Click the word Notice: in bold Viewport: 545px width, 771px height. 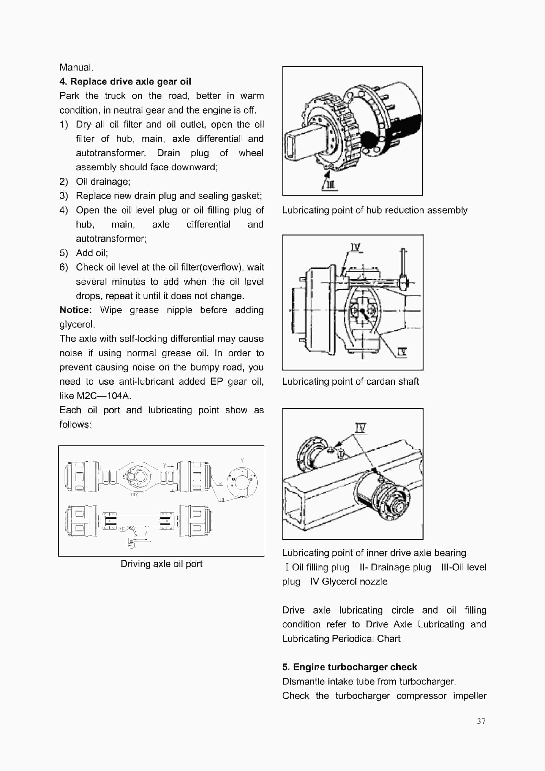point(76,310)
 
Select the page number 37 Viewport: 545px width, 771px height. point(481,721)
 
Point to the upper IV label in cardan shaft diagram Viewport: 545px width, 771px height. point(355,247)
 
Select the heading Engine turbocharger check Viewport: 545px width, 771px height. point(355,667)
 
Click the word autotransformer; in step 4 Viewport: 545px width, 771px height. point(111,238)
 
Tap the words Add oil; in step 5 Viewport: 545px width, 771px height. point(92,253)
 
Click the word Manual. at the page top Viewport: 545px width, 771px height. point(76,67)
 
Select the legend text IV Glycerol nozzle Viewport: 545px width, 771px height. point(349,581)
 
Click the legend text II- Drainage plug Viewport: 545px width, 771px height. point(395,567)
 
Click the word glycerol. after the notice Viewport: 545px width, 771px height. point(77,324)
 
